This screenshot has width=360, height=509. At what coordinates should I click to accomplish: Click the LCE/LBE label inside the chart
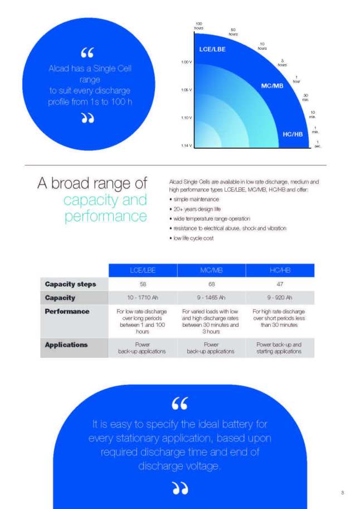[212, 50]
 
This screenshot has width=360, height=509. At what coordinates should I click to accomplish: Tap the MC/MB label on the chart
[272, 86]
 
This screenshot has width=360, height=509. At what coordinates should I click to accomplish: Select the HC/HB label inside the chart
[293, 134]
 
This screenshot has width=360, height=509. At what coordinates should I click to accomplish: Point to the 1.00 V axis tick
[186, 62]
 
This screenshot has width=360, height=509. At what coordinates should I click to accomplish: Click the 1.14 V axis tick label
[186, 146]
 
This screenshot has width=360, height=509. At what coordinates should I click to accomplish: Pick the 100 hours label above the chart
[198, 26]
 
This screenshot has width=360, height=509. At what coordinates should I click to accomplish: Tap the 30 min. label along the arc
[305, 98]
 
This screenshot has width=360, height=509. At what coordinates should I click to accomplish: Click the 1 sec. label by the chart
[318, 144]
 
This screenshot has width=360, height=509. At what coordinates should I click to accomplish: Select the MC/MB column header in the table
[211, 270]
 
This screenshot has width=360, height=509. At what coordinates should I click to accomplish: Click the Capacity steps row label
[70, 284]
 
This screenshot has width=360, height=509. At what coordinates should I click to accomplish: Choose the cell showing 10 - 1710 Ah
[143, 297]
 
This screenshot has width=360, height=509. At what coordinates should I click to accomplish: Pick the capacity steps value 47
[280, 284]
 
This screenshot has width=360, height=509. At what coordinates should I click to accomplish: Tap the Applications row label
[66, 345]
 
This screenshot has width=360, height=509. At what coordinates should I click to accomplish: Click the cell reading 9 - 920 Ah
[280, 297]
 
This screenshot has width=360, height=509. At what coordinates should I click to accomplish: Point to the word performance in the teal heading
[106, 216]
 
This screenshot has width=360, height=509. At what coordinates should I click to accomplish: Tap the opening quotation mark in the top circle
[87, 52]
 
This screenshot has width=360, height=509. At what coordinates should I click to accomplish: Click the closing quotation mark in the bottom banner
[180, 488]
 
